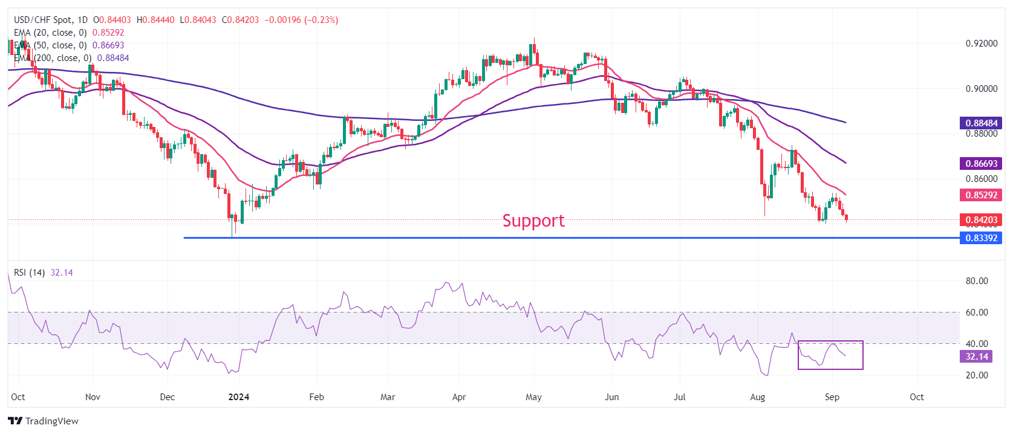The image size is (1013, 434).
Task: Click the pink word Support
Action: pos(533,221)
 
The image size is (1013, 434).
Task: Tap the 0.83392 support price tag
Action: pos(980,238)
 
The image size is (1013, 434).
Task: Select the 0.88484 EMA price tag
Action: pos(980,123)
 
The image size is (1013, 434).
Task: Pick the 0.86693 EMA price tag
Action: pos(980,164)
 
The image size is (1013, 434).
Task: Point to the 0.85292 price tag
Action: pos(980,195)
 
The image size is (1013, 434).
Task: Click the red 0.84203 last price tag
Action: pos(980,220)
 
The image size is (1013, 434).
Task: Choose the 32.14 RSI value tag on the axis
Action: pos(976,357)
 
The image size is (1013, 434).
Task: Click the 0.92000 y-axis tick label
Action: pos(981,44)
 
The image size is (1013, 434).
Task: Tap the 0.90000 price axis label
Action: pos(981,89)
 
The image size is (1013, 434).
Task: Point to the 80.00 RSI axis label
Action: pos(976,281)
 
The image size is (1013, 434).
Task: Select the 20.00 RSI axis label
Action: pos(976,375)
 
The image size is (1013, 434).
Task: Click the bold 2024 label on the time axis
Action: pos(239,397)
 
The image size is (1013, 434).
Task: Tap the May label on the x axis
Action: pos(533,397)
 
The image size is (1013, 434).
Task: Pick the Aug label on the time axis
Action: pos(757,397)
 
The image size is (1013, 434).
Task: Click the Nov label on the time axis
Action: pos(93,397)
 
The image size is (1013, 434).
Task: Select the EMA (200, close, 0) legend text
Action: pos(53,58)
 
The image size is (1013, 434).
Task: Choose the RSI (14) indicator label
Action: pos(29,273)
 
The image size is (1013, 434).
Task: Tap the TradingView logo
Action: pos(44,421)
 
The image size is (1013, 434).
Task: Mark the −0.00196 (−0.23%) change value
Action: pos(301,20)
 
